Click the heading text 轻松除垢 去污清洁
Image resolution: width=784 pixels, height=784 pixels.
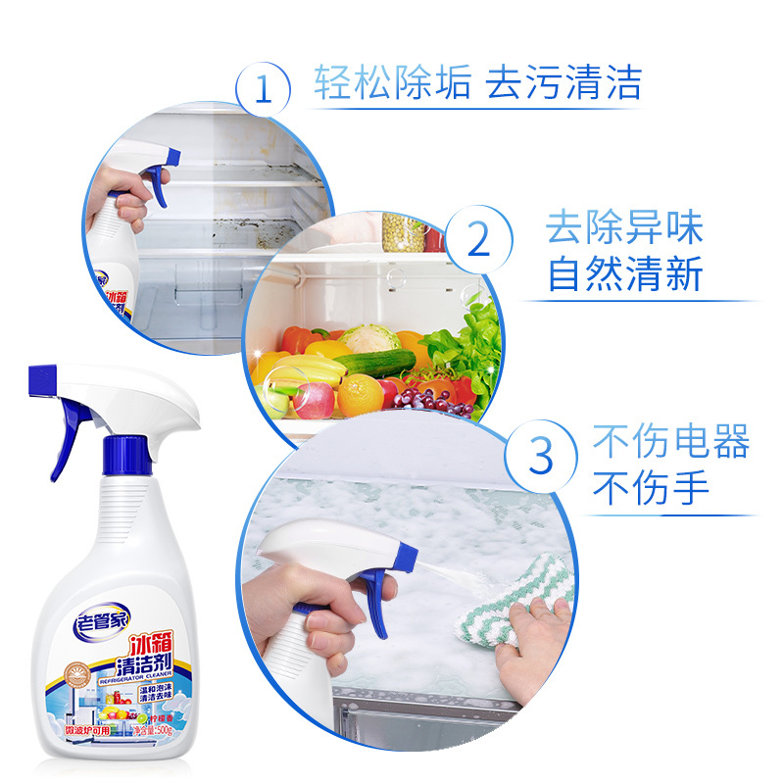pos(477,83)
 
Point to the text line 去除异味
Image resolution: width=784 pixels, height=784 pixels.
pos(625,228)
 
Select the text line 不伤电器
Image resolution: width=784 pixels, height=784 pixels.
pos(671,442)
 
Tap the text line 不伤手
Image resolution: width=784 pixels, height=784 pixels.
pos(651,487)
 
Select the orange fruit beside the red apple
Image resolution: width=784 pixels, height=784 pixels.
pos(360,394)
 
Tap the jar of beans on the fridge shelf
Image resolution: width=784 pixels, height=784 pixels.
pos(403,232)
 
